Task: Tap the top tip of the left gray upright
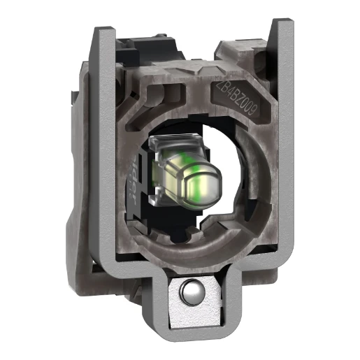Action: tap(103, 31)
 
